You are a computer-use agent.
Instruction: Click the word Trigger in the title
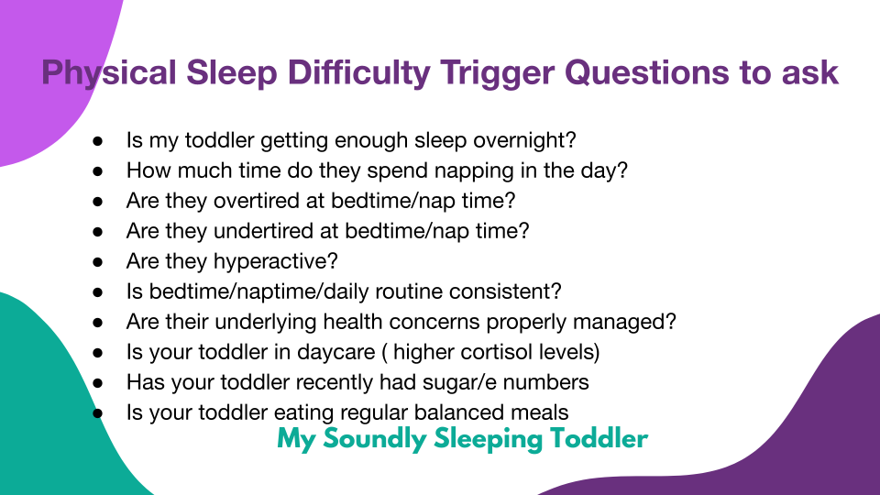click(x=497, y=73)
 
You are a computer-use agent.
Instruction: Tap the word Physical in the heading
click(x=109, y=73)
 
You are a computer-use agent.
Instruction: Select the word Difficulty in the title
click(x=358, y=73)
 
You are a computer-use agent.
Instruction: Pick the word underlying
click(x=266, y=322)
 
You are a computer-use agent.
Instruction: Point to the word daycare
click(x=335, y=352)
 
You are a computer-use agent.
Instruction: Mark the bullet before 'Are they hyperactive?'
click(x=98, y=261)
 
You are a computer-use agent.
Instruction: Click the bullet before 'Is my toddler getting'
click(x=98, y=140)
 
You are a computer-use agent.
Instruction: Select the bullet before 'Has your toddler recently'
click(x=98, y=383)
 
